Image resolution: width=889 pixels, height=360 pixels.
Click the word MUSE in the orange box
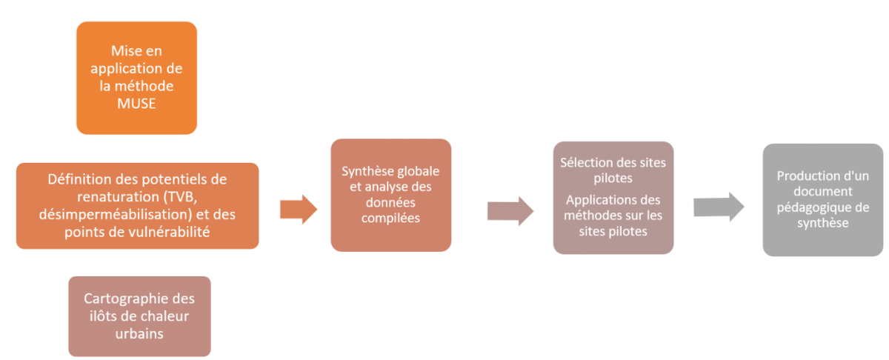(x=136, y=104)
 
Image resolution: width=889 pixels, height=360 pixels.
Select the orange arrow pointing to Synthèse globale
(x=299, y=210)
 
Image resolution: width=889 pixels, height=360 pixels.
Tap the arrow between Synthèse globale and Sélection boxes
(x=510, y=210)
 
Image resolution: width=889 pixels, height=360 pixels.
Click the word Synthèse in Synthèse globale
(x=366, y=171)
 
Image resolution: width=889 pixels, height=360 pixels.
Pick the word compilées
(x=391, y=219)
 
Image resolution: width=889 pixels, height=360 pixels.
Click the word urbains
(x=139, y=333)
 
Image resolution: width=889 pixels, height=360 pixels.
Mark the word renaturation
(x=118, y=196)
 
